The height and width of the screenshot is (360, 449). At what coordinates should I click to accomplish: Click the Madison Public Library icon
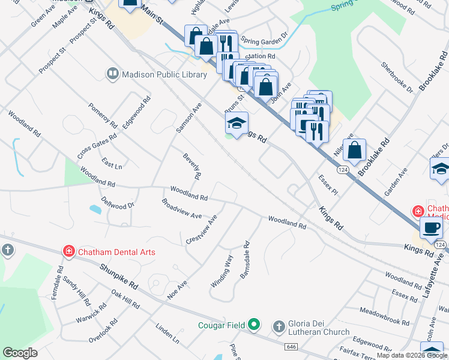point(112,74)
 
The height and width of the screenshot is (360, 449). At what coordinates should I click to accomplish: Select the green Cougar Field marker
point(254,325)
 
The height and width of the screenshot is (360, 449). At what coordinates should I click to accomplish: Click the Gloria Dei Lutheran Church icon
point(279,327)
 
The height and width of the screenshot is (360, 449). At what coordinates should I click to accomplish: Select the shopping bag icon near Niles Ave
point(355,152)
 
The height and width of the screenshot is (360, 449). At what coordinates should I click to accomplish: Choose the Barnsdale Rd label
point(244,259)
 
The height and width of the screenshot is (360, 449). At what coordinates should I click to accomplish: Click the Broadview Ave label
point(181,208)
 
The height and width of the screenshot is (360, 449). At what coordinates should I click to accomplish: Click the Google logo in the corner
point(20,353)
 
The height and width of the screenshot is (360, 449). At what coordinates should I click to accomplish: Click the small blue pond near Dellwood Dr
point(95,209)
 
